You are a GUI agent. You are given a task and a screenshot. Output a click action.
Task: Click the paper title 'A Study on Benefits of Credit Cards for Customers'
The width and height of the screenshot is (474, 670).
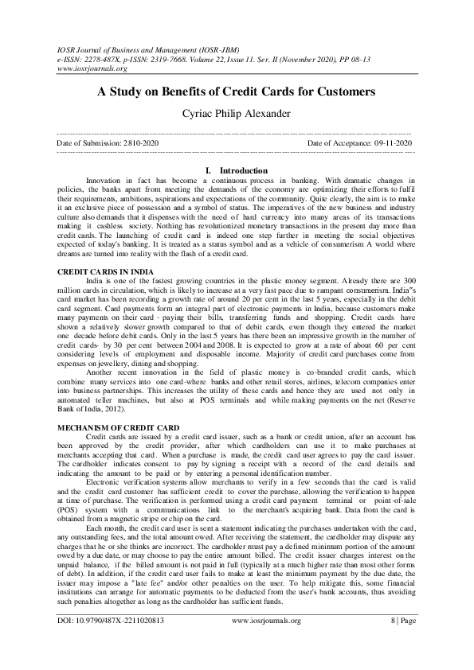237,92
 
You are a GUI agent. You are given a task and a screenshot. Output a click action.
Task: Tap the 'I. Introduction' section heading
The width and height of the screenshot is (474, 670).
237,170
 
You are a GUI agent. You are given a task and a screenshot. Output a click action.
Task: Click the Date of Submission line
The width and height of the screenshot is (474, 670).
108,142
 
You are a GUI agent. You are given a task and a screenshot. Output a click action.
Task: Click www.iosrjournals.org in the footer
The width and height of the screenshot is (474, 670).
265,640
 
